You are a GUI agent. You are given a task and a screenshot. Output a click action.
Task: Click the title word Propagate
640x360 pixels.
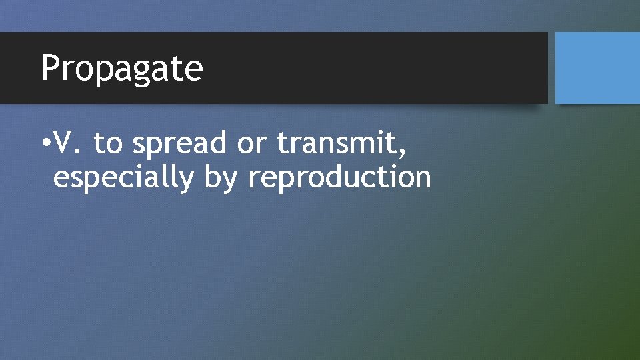click(x=122, y=69)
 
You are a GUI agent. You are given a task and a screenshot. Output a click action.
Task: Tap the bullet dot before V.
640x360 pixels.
click(x=45, y=143)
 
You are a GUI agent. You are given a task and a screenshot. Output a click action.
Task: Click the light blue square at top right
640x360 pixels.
click(x=597, y=68)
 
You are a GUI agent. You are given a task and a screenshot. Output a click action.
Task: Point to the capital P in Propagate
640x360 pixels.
click(x=50, y=68)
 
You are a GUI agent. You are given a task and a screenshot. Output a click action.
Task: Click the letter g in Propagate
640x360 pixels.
click(x=142, y=72)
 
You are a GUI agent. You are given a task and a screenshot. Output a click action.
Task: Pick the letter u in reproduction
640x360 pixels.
click(x=360, y=179)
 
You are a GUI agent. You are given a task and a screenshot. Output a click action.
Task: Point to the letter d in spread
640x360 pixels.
click(x=219, y=143)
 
